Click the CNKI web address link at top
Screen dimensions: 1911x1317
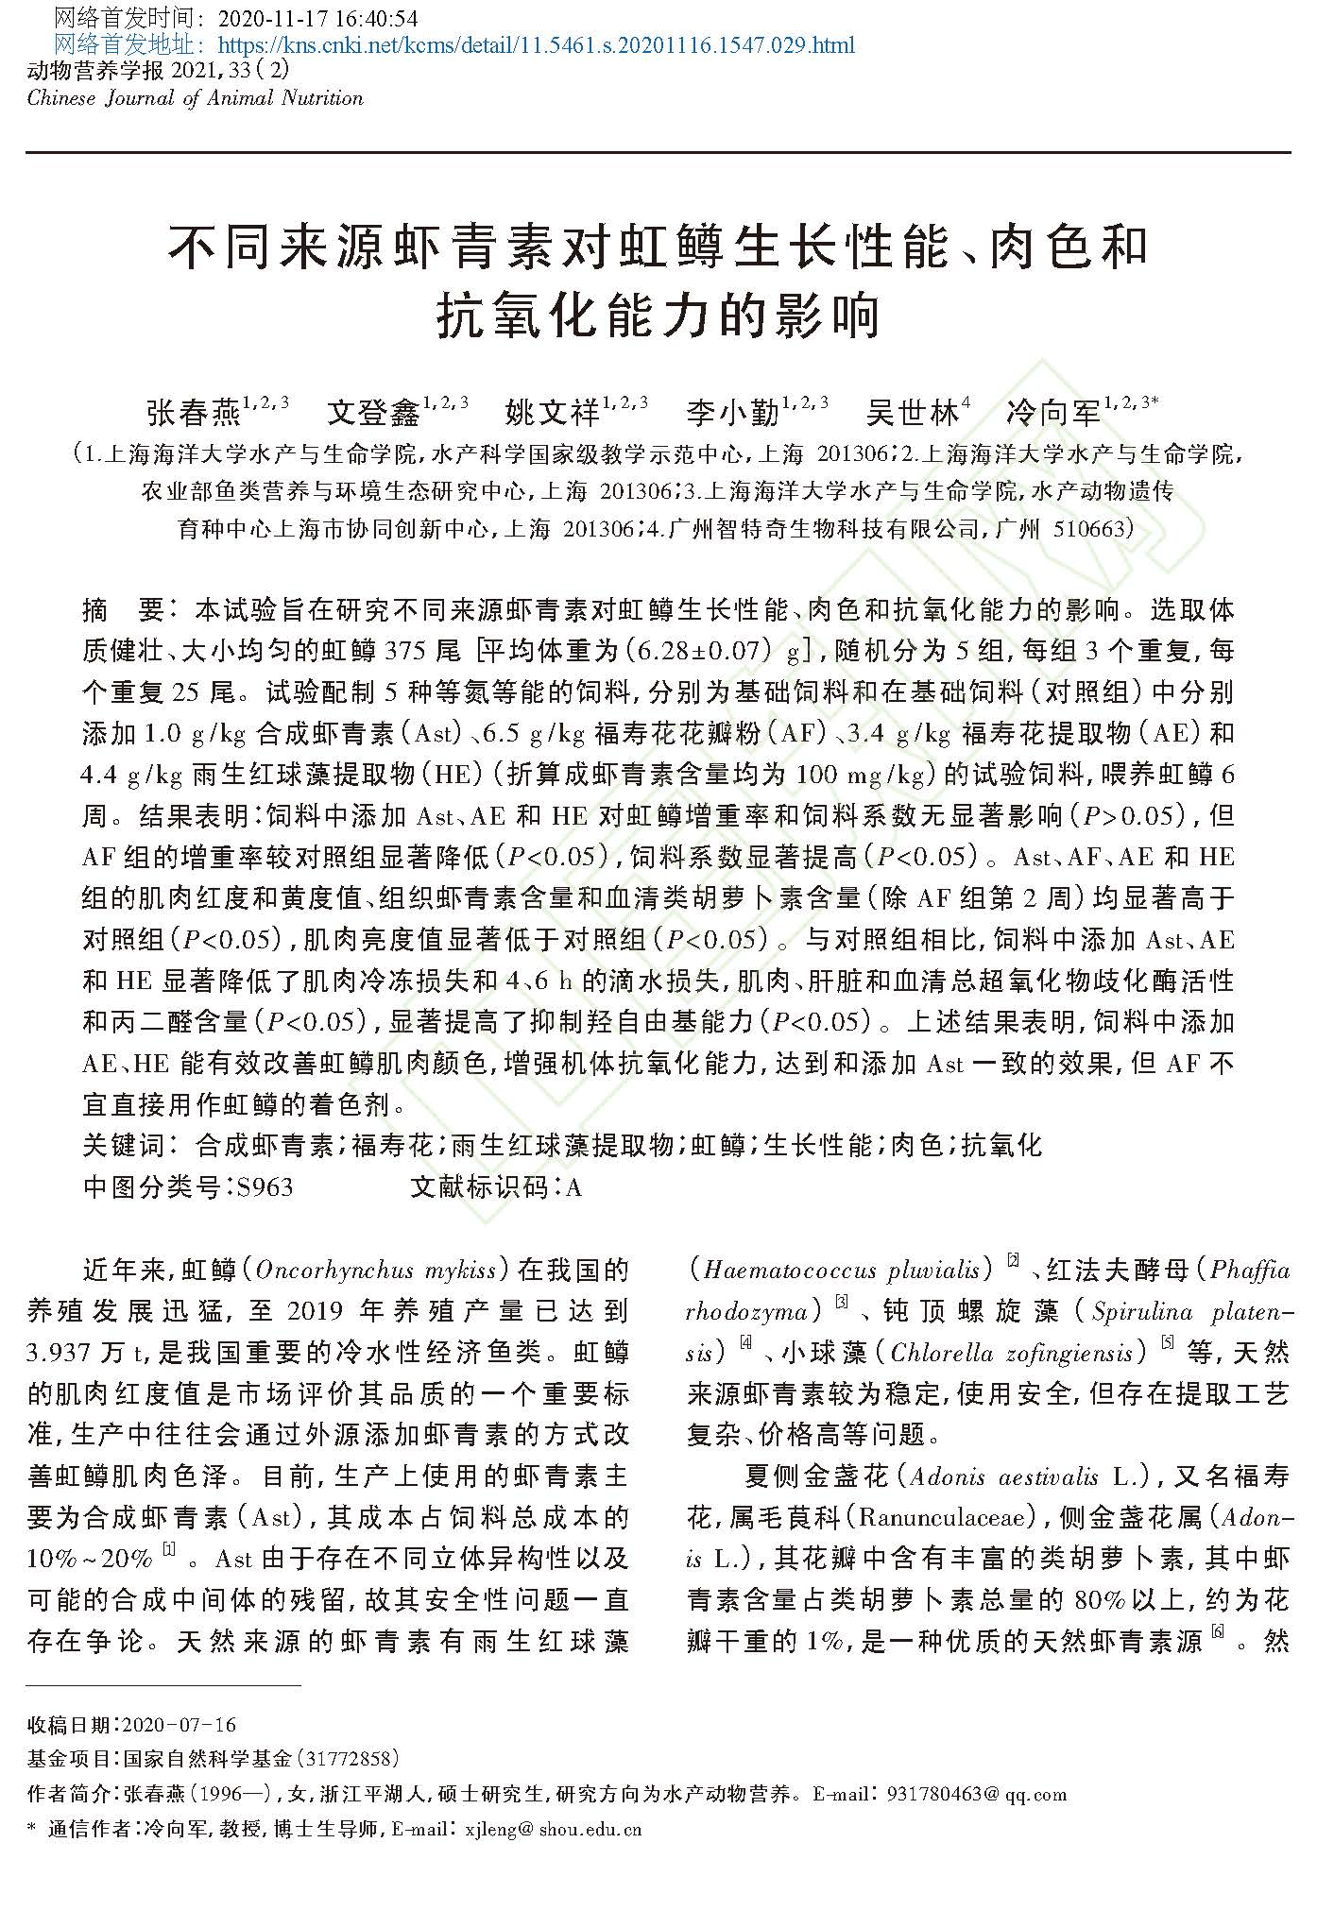point(536,44)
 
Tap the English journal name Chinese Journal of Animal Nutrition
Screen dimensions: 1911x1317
point(195,98)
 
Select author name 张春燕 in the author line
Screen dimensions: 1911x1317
point(194,412)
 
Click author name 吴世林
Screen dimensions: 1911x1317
point(911,412)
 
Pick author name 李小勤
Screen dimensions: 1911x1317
point(732,412)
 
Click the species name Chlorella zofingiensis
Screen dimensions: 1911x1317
point(1011,1353)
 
